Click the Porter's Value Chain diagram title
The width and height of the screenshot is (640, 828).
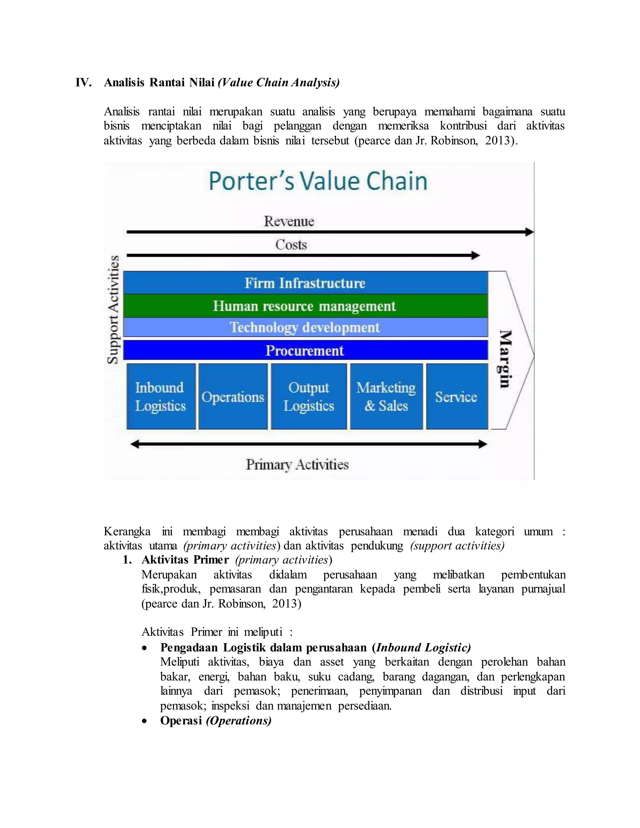318,181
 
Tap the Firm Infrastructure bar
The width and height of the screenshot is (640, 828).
305,283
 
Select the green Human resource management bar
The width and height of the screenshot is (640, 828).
305,306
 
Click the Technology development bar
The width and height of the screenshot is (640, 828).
305,327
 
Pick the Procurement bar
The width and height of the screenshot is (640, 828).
305,350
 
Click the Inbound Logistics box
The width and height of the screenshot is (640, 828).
161,397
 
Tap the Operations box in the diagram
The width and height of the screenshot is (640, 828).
233,397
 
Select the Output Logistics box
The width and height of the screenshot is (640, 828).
309,397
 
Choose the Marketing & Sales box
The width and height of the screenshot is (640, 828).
386,397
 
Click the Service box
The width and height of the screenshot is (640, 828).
457,397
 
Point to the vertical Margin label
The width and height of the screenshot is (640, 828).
505,359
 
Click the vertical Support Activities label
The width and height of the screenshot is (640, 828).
113,309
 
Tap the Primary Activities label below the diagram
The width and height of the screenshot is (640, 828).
297,464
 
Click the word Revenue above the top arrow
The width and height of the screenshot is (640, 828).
289,221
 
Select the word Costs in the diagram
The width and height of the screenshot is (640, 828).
291,245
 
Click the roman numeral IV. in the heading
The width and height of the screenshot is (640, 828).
83,82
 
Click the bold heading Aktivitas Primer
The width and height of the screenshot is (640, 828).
185,560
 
